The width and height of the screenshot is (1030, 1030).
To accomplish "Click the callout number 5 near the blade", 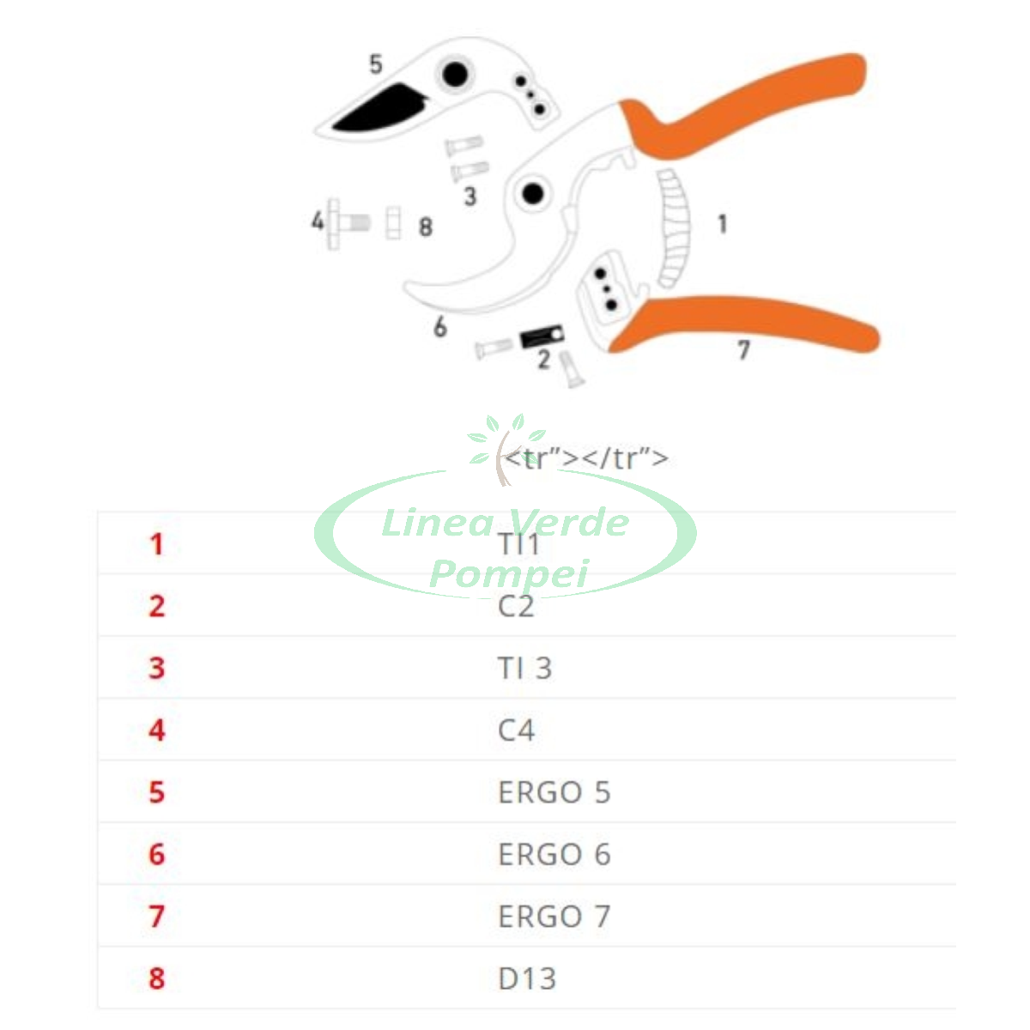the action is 376,64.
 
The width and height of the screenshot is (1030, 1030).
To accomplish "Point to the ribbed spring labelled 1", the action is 674,229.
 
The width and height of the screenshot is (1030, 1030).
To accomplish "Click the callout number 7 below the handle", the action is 743,350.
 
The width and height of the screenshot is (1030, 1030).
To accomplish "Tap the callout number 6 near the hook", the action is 440,326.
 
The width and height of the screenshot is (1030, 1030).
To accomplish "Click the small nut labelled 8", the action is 393,222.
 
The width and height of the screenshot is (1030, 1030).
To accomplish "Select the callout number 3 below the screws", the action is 470,197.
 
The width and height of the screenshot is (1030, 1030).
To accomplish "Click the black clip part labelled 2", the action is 542,336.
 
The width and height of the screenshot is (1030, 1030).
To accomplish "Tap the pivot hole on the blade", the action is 455,74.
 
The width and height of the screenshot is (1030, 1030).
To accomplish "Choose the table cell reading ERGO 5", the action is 554,792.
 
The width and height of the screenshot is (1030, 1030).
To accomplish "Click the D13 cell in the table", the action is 527,978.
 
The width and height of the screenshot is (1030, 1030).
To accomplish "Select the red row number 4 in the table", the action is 156,730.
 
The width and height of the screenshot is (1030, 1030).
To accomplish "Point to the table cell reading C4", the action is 516,730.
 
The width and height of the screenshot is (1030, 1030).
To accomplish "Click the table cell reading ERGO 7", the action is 554,917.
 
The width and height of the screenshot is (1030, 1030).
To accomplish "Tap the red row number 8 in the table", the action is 156,978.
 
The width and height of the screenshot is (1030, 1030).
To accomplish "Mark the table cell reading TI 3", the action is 525,668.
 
